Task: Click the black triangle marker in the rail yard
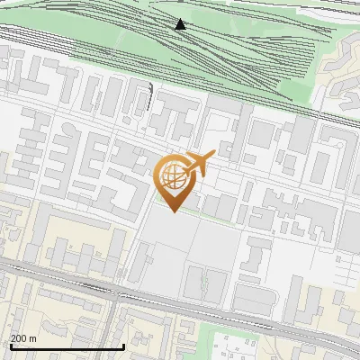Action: coord(181,23)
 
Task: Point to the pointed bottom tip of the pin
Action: coord(173,212)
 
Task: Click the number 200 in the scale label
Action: coord(19,338)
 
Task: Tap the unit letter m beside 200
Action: coord(32,338)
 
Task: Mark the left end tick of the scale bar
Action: coord(10,345)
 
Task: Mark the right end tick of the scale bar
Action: coord(122,345)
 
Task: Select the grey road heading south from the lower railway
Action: coord(112,333)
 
